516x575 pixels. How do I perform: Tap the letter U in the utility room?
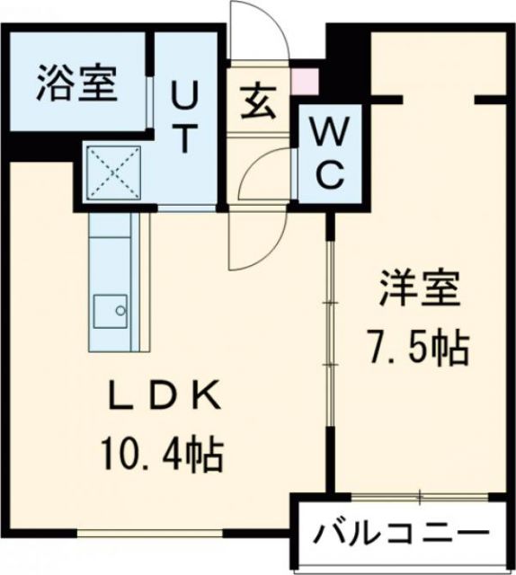[185, 92]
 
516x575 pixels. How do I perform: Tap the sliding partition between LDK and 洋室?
[331, 350]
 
